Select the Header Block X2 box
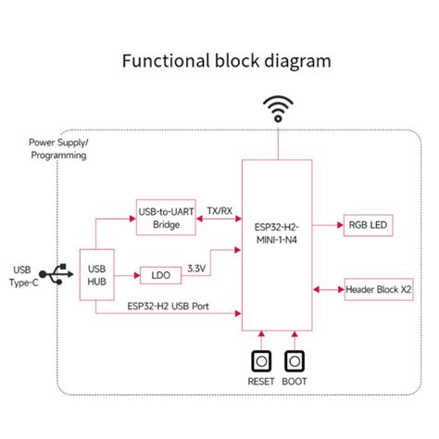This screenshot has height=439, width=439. [378, 289]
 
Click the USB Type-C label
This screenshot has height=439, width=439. [25, 275]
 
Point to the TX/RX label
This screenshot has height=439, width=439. [219, 210]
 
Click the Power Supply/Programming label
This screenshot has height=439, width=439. [57, 149]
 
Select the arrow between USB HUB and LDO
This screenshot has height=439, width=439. [124, 275]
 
